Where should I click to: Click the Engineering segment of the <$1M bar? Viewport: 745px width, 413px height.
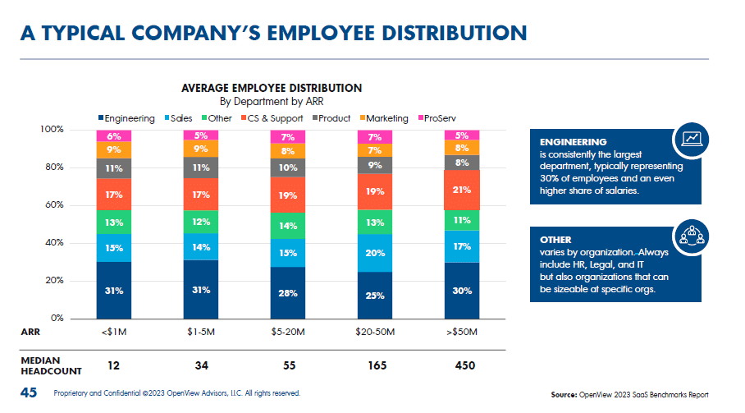pos(113,290)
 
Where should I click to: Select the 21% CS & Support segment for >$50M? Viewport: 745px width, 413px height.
pos(462,190)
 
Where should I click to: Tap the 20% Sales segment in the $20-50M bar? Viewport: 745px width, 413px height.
pos(375,253)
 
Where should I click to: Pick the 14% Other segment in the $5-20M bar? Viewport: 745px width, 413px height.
pos(288,225)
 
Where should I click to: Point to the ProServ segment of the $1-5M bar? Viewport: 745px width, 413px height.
pos(201,135)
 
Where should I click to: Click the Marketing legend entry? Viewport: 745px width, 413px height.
pos(382,118)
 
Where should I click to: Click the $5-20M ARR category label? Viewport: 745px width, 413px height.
pos(288,333)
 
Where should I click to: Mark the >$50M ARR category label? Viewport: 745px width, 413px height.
pos(462,333)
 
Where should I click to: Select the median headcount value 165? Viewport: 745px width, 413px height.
pos(375,365)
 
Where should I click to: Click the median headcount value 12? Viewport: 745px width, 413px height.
pos(113,365)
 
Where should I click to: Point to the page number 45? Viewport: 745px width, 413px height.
pos(29,393)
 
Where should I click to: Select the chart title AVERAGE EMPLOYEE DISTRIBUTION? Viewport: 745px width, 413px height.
pos(272,88)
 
